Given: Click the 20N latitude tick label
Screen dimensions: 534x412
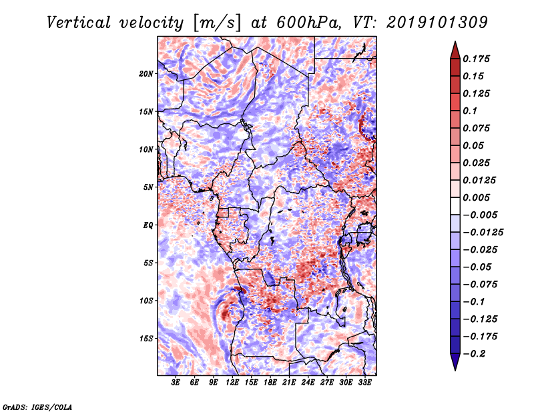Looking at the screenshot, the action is point(146,74).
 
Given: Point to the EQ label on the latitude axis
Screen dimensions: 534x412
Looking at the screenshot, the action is point(148,225).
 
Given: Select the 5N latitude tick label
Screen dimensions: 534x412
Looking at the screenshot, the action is point(148,187).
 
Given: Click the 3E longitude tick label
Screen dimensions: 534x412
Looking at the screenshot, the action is point(175,383).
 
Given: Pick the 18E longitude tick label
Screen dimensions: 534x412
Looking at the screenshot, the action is point(270,383).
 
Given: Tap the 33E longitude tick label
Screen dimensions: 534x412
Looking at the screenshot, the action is point(364,383).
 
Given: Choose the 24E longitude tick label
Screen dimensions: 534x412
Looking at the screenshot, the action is point(308,383).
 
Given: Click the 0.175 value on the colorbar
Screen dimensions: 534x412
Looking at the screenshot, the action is point(476,59).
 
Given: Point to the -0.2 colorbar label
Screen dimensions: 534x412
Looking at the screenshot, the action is point(474,354).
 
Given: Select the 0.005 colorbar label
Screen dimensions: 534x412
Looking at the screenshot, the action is point(476,197).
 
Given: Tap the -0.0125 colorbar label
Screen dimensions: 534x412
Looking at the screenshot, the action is point(483,233).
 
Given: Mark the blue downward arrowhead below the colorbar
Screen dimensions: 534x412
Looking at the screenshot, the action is point(455,362).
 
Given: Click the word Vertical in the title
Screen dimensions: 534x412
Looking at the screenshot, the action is point(79,23).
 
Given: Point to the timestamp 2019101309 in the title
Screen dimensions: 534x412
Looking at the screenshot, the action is point(437,23).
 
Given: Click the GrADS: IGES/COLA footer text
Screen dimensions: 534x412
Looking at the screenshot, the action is point(37,407).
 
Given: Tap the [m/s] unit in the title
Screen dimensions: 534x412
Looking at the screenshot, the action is point(217,23).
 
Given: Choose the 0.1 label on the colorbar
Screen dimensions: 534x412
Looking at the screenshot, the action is point(471,111).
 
